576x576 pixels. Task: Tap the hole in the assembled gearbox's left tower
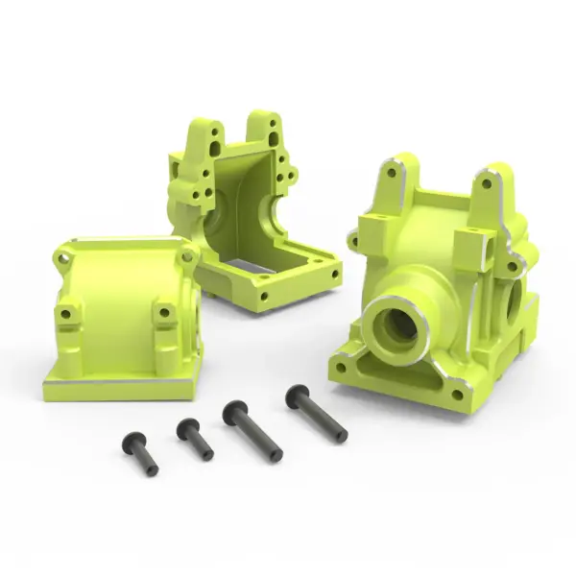coord(392,175)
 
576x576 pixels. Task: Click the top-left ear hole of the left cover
coord(62,257)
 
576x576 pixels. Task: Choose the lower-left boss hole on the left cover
coord(66,314)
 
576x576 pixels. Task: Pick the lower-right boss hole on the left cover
coord(165,314)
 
